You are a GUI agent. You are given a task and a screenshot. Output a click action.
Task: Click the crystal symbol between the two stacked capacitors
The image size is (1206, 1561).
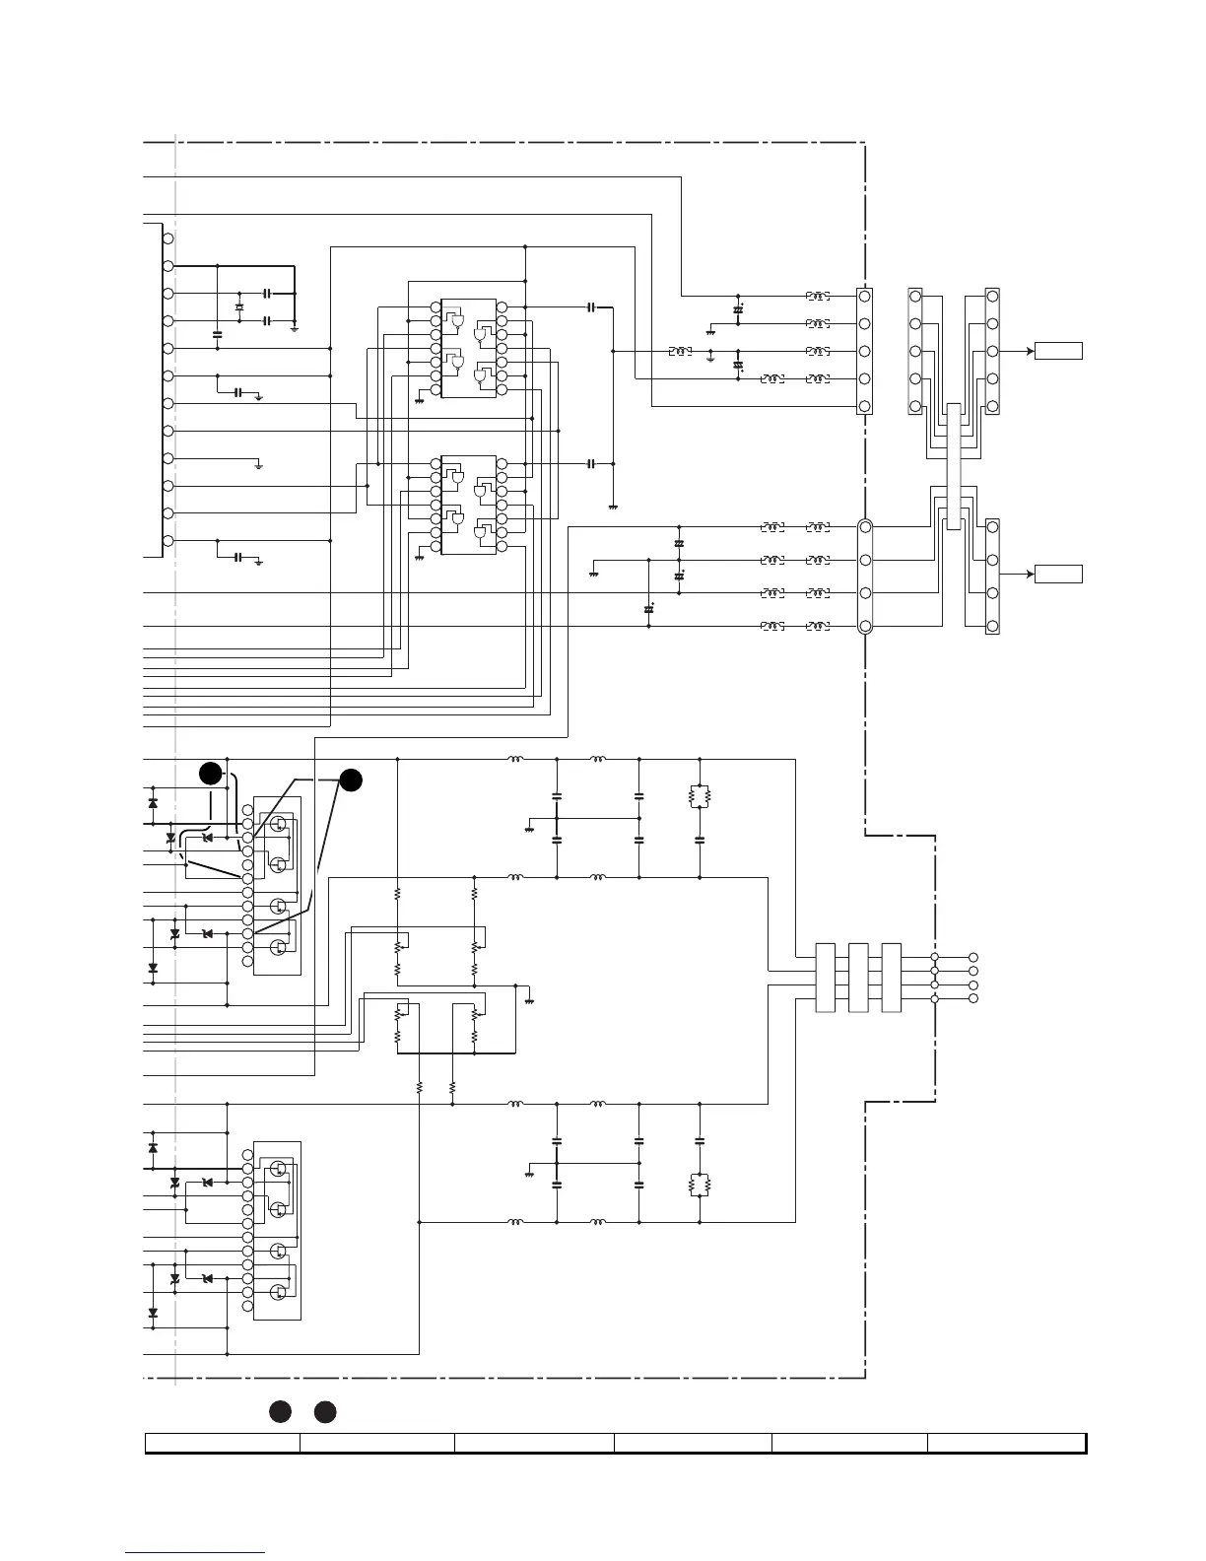tap(238, 307)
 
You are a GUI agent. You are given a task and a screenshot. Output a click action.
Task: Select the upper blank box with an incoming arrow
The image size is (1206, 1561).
tap(1058, 351)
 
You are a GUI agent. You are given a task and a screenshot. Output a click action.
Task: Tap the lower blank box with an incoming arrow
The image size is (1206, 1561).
tap(1058, 574)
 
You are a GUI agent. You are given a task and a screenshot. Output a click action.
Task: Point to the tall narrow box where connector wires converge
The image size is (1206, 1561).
tap(953, 466)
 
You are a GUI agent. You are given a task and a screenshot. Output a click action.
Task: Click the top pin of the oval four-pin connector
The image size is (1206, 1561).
tap(865, 527)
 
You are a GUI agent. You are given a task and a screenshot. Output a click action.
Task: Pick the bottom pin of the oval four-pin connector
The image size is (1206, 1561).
tap(865, 627)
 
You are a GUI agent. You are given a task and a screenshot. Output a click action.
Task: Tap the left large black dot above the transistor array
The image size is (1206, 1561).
tap(210, 774)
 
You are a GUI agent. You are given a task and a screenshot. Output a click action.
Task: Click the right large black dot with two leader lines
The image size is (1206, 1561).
tap(351, 780)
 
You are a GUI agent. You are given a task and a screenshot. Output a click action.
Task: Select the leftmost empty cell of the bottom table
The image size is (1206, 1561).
tap(223, 1444)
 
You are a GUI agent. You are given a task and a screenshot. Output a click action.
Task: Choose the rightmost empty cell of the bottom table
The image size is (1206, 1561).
tap(1006, 1444)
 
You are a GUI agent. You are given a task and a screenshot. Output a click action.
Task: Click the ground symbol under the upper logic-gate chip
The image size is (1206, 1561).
tap(420, 400)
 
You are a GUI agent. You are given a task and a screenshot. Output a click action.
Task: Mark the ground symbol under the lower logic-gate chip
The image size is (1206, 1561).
tap(420, 557)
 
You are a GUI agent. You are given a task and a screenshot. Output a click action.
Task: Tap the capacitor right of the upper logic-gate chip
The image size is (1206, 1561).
tap(591, 307)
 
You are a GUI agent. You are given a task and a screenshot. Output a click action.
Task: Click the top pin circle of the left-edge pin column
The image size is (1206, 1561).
tap(168, 239)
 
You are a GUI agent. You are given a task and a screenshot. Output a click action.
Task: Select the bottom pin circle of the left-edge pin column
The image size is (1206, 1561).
tap(168, 541)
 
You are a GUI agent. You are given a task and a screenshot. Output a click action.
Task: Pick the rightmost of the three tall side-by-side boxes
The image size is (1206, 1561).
tap(892, 978)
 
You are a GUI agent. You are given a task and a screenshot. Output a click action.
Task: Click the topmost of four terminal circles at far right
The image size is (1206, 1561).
tap(973, 957)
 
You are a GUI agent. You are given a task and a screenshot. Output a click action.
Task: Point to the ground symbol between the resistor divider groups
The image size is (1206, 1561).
tap(529, 1000)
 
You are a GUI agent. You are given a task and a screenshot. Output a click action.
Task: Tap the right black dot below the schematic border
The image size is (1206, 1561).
tap(325, 1412)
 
